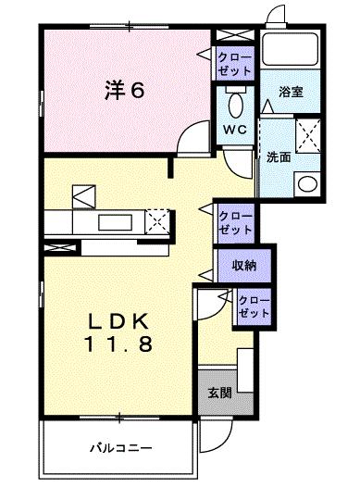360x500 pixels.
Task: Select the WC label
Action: pos(232,129)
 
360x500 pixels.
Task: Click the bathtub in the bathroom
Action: pos(291,53)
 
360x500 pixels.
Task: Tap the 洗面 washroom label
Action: pos(279,156)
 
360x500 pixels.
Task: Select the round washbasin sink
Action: pos(306,183)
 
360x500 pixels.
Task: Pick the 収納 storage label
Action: pos(244,265)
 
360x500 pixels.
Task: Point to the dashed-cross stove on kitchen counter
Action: pos(158,220)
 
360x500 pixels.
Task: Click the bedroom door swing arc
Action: pos(190,139)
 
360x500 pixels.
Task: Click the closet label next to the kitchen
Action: pos(234,221)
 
